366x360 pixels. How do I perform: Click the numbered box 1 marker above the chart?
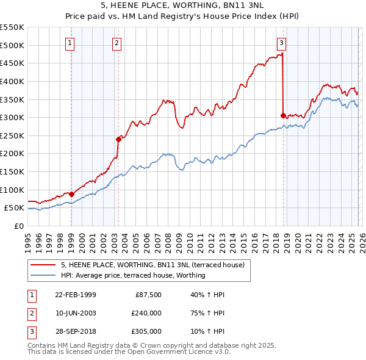(x=71, y=43)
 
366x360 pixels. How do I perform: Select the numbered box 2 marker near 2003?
(x=117, y=43)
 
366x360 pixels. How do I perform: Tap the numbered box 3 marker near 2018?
(x=281, y=43)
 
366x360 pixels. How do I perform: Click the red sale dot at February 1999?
(x=71, y=194)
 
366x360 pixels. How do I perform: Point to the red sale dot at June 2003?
(x=118, y=139)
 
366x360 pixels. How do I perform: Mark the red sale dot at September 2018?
(x=283, y=115)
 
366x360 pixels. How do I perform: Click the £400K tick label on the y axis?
(x=12, y=81)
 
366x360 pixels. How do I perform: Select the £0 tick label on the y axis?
(x=18, y=226)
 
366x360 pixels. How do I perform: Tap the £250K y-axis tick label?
(x=12, y=135)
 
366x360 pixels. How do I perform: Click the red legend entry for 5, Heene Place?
(x=152, y=265)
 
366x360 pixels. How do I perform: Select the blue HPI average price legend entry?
(x=132, y=275)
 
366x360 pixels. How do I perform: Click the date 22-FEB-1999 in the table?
(x=75, y=295)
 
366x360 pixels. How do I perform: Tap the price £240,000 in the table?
(x=146, y=313)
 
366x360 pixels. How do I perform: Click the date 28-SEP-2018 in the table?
(x=75, y=331)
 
